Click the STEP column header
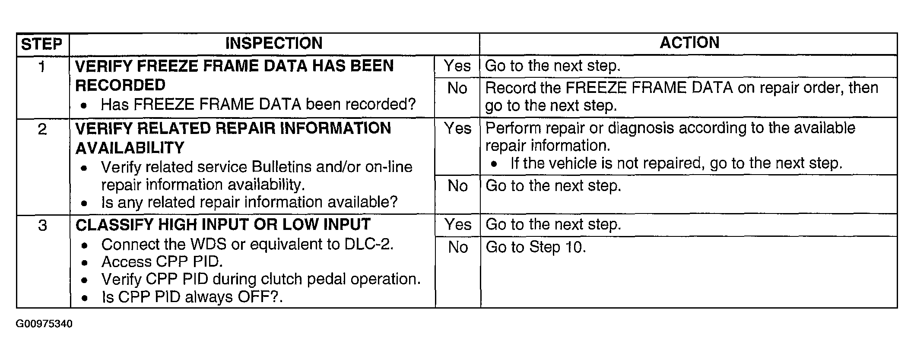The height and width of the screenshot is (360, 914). coord(42,44)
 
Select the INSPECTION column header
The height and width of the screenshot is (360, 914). coord(274,43)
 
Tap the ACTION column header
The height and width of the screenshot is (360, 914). coord(689,43)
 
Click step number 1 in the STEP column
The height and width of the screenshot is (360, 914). coord(42,67)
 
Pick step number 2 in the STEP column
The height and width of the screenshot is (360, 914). coord(42,129)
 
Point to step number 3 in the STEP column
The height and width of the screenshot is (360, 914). coord(42,226)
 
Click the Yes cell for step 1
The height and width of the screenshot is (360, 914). coord(457,66)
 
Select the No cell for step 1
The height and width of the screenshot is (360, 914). coord(457,89)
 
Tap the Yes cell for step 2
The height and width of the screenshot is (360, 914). coord(457,128)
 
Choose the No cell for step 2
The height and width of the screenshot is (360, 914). coord(457,186)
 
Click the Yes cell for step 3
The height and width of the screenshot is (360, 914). coord(457,225)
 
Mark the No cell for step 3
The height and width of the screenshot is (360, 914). coord(458,247)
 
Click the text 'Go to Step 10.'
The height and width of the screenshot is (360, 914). coord(536,247)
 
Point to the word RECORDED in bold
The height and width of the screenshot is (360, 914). coord(120,85)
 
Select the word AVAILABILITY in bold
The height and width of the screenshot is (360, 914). coord(130,148)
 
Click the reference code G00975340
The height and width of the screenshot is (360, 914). coord(44,324)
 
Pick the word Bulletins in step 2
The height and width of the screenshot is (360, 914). coord(282,167)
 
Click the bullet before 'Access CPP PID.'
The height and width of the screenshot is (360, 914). coord(85,263)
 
